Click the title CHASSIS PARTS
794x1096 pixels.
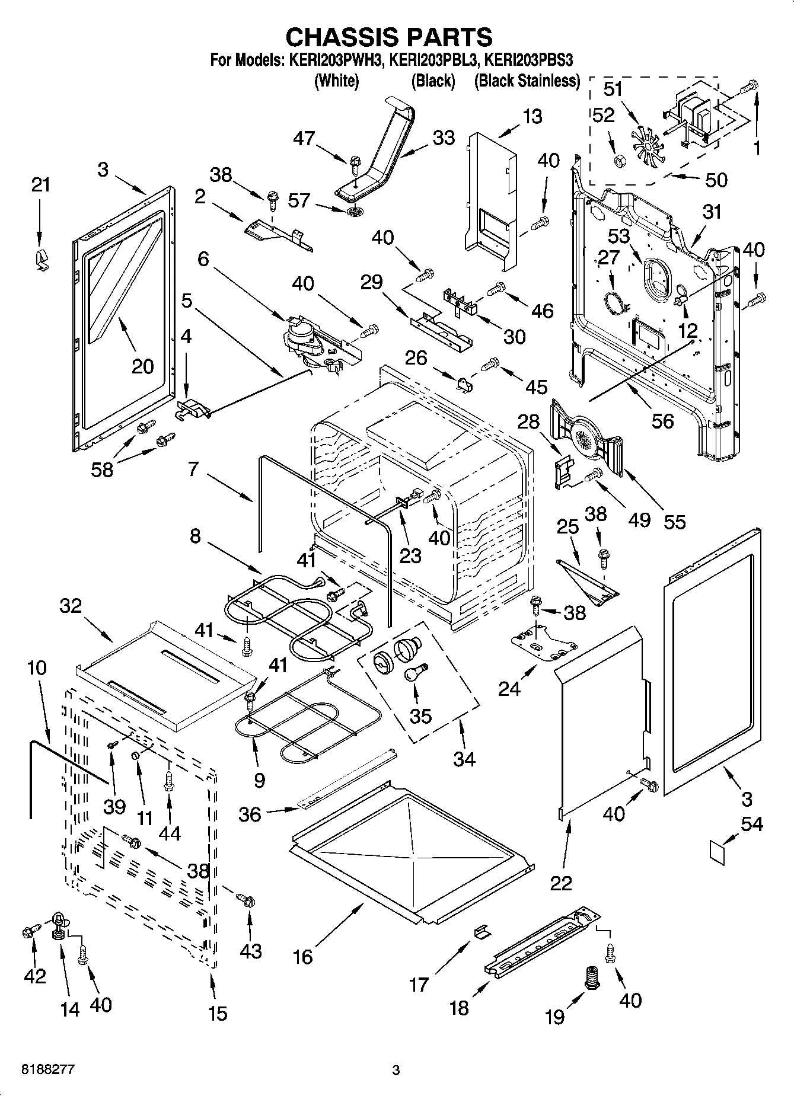pos(389,37)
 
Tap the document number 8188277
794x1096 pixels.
pos(48,1070)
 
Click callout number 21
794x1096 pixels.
pos(40,185)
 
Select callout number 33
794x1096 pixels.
pos(443,138)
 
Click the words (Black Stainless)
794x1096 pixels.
pos(527,81)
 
